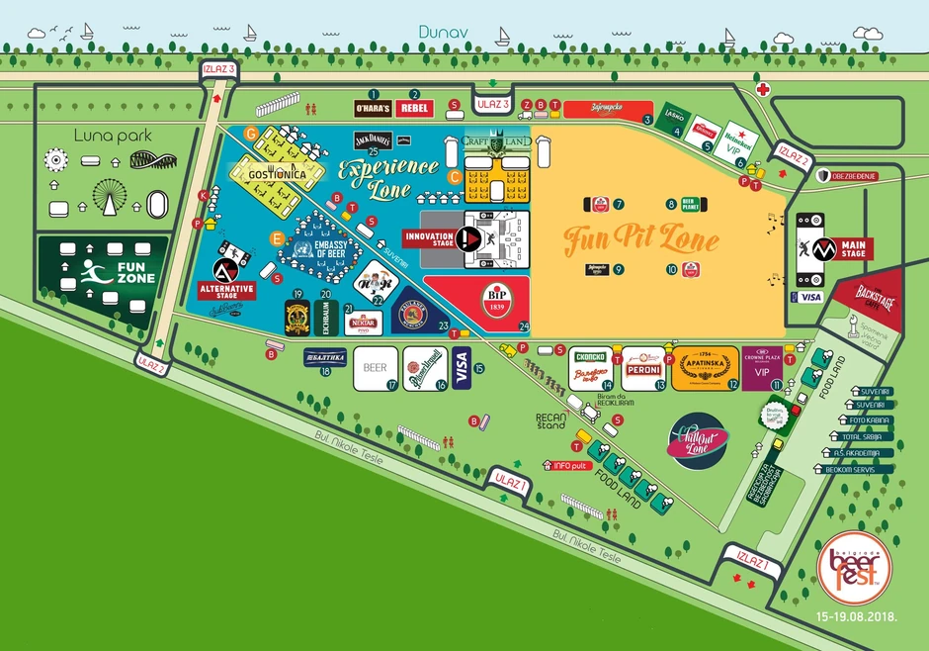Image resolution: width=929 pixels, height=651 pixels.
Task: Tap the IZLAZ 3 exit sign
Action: point(217,70)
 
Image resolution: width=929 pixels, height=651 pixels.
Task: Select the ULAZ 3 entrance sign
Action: point(492,104)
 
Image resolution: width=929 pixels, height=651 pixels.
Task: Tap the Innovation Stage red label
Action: point(429,237)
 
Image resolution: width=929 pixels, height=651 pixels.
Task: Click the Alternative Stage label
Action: point(226,290)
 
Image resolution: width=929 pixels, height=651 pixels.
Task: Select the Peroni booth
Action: point(641,357)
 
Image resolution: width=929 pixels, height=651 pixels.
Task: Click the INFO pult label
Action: point(564,464)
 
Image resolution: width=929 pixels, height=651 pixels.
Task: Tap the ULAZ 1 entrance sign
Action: point(512,483)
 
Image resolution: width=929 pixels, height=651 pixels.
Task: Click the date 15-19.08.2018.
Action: point(856,616)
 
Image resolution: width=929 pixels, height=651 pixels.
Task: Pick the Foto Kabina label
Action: point(866,419)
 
